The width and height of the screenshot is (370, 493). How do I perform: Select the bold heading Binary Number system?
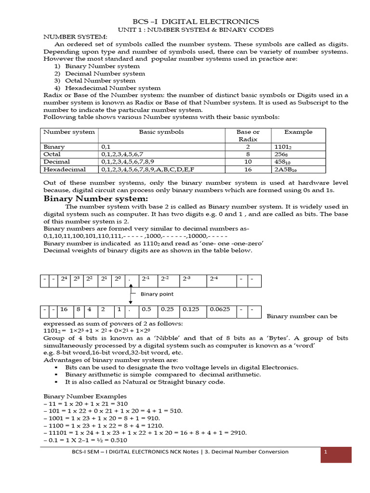click(95, 199)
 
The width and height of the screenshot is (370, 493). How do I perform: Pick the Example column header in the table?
click(298, 132)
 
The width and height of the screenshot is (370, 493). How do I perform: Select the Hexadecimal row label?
click(65, 169)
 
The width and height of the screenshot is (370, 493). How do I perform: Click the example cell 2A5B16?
click(286, 169)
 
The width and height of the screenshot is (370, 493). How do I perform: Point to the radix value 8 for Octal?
click(248, 154)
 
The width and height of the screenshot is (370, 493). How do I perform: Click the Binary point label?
click(157, 294)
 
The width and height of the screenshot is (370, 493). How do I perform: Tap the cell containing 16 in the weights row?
click(64, 310)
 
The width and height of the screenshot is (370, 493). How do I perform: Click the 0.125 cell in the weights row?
click(191, 310)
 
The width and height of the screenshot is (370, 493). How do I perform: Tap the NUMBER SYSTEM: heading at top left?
click(75, 37)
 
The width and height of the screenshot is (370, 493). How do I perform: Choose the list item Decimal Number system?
click(105, 74)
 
